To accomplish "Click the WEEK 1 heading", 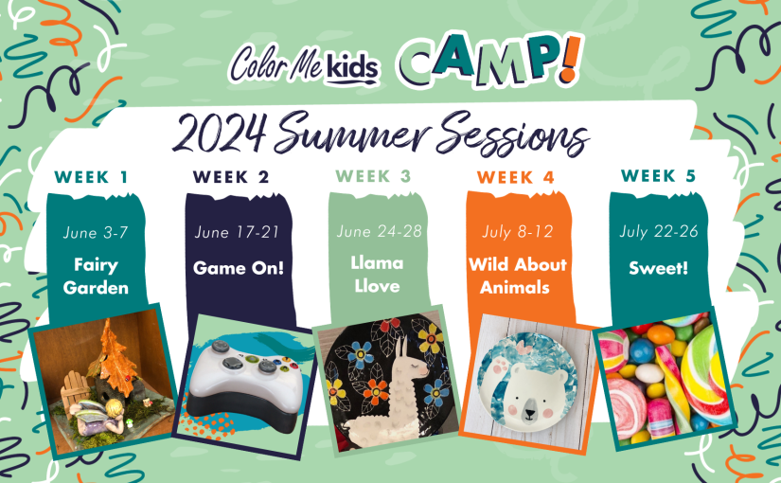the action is pyautogui.click(x=91, y=177).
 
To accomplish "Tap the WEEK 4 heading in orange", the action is pyautogui.click(x=516, y=177).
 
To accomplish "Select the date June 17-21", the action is pyautogui.click(x=237, y=232).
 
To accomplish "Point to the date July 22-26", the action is pyautogui.click(x=659, y=231).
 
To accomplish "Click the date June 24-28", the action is pyautogui.click(x=379, y=231).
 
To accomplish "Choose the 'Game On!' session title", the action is pyautogui.click(x=239, y=268).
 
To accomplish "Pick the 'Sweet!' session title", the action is pyautogui.click(x=659, y=268).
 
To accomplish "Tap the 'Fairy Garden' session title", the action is pyautogui.click(x=96, y=277).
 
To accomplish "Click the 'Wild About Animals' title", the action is pyautogui.click(x=518, y=276).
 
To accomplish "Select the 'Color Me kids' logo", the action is pyautogui.click(x=305, y=64).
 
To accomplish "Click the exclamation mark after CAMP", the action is pyautogui.click(x=572, y=58).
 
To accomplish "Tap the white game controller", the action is pyautogui.click(x=246, y=383).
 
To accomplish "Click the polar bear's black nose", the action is pyautogui.click(x=530, y=413).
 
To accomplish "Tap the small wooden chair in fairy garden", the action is pyautogui.click(x=75, y=390).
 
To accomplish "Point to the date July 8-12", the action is pyautogui.click(x=518, y=232).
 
